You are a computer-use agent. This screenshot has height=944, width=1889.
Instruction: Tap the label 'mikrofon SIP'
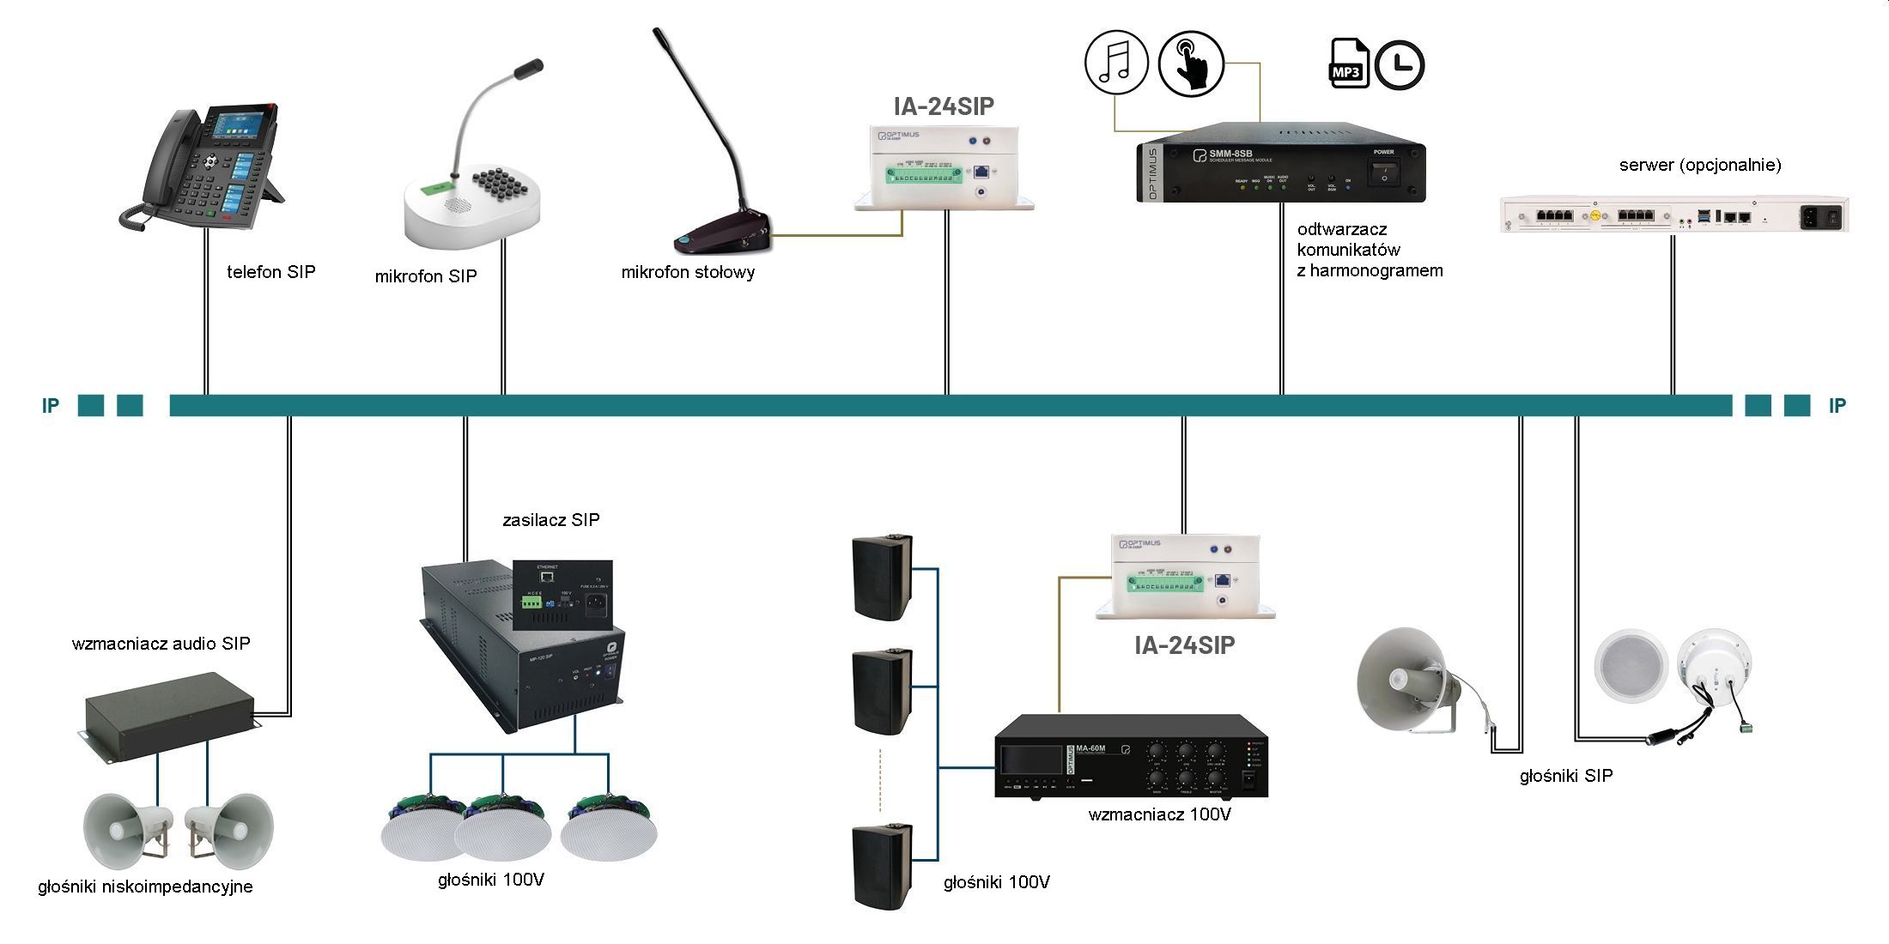[x=425, y=276]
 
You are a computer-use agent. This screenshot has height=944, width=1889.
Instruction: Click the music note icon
[x=1116, y=64]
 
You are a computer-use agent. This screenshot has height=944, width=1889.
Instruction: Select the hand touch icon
[x=1191, y=64]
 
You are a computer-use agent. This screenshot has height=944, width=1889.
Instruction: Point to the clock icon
[x=1400, y=65]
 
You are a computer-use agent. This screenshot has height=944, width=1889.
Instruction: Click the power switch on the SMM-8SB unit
[x=1383, y=172]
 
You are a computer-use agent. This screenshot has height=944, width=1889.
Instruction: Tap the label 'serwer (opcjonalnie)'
[x=1699, y=165]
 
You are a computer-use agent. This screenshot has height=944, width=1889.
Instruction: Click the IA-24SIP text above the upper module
[x=944, y=106]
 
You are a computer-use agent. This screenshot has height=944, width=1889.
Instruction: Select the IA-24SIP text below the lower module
[x=1184, y=645]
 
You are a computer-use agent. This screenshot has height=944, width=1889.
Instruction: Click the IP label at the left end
[x=51, y=406]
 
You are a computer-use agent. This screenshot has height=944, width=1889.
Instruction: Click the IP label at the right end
[x=1837, y=406]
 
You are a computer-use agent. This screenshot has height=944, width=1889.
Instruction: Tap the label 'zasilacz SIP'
[x=550, y=520]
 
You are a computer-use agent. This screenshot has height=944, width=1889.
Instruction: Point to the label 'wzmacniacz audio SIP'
[x=161, y=644]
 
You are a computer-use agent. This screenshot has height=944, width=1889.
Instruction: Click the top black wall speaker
[x=882, y=577]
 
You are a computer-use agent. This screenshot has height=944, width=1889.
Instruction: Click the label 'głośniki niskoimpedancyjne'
[x=145, y=887]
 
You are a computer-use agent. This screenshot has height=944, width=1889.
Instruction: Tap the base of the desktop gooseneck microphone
[x=724, y=238]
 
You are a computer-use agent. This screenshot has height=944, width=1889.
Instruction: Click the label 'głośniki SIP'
[x=1565, y=776]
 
